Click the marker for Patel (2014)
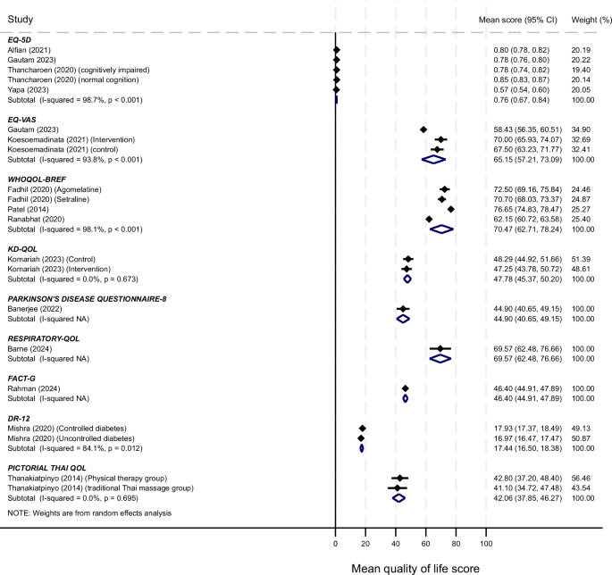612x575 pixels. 451,209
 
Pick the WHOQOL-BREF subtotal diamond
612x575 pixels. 441,229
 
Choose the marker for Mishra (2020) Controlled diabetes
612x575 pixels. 363,429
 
